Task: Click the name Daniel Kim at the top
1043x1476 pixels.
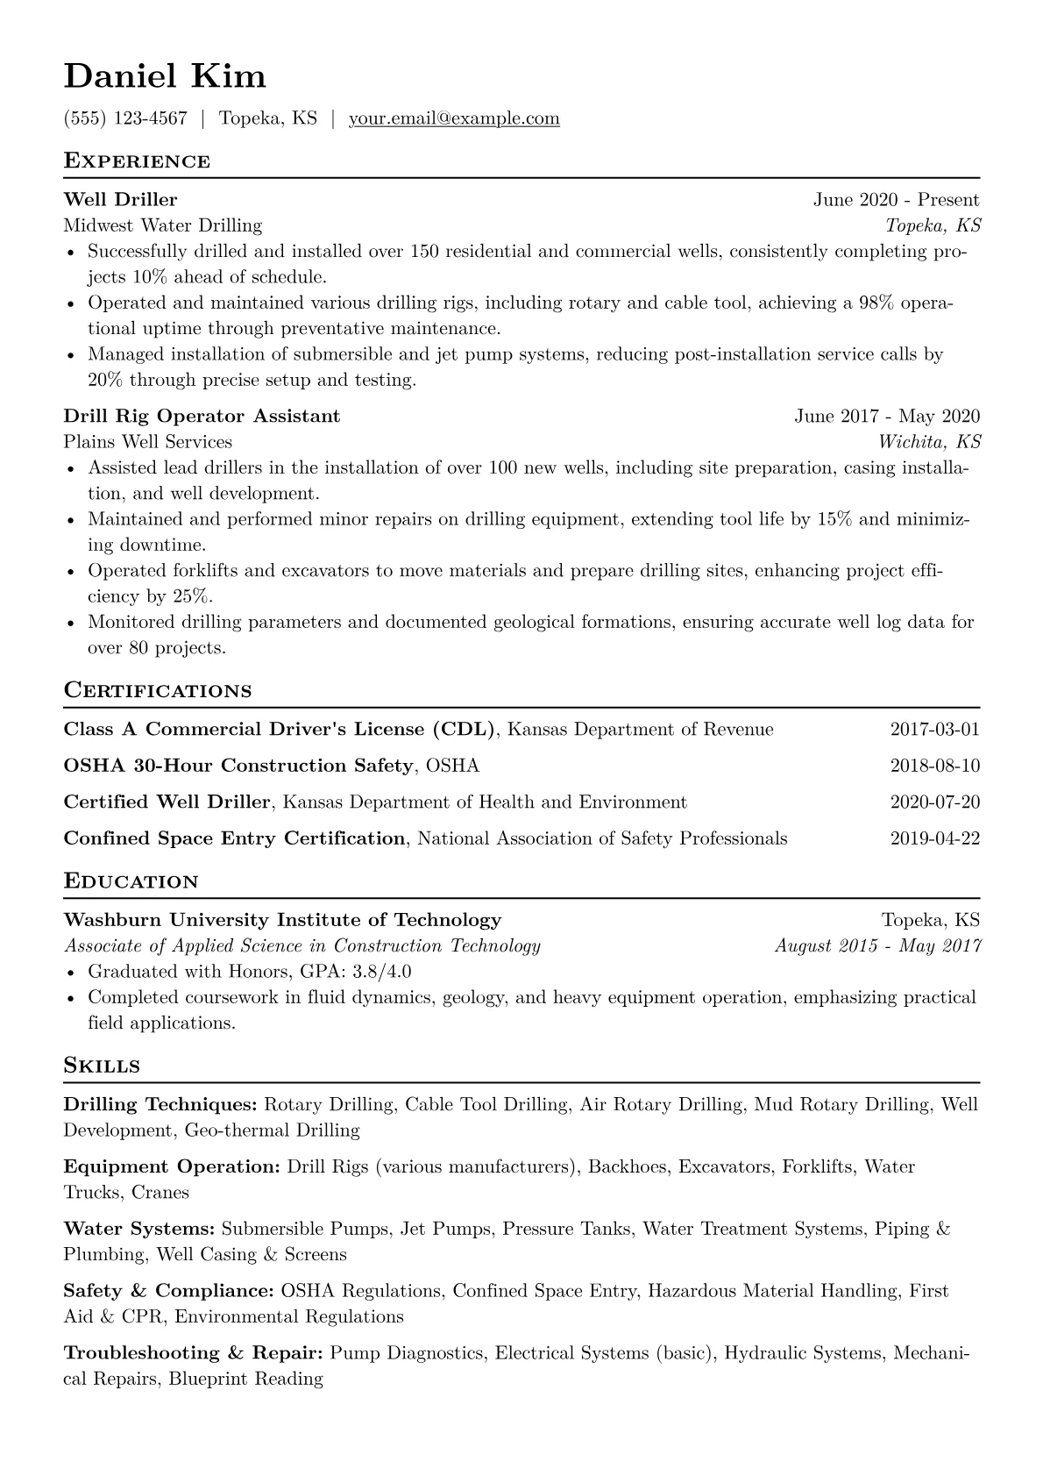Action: [165, 76]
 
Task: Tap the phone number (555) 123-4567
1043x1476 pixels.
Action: [125, 118]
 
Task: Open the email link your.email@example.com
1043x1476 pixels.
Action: [454, 118]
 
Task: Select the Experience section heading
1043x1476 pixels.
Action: [137, 161]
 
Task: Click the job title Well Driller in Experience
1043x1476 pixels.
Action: [120, 200]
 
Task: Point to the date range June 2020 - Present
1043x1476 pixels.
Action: [896, 200]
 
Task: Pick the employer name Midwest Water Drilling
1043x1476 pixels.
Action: [163, 225]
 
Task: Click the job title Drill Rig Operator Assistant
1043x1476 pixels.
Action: [202, 416]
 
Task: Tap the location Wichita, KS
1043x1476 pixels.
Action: [930, 441]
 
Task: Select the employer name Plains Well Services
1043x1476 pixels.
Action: [148, 441]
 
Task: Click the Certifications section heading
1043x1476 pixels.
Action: [158, 690]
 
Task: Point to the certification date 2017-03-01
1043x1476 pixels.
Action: [934, 730]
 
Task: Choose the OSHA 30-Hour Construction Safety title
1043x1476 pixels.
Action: [238, 766]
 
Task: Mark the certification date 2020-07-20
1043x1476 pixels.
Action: [934, 802]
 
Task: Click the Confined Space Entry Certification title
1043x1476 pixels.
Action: [234, 838]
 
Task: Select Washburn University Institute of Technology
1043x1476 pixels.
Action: [282, 920]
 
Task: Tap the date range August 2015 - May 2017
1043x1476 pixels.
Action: [877, 945]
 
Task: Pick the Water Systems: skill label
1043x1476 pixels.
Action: [139, 1229]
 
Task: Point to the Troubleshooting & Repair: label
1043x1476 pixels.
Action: [194, 1353]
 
